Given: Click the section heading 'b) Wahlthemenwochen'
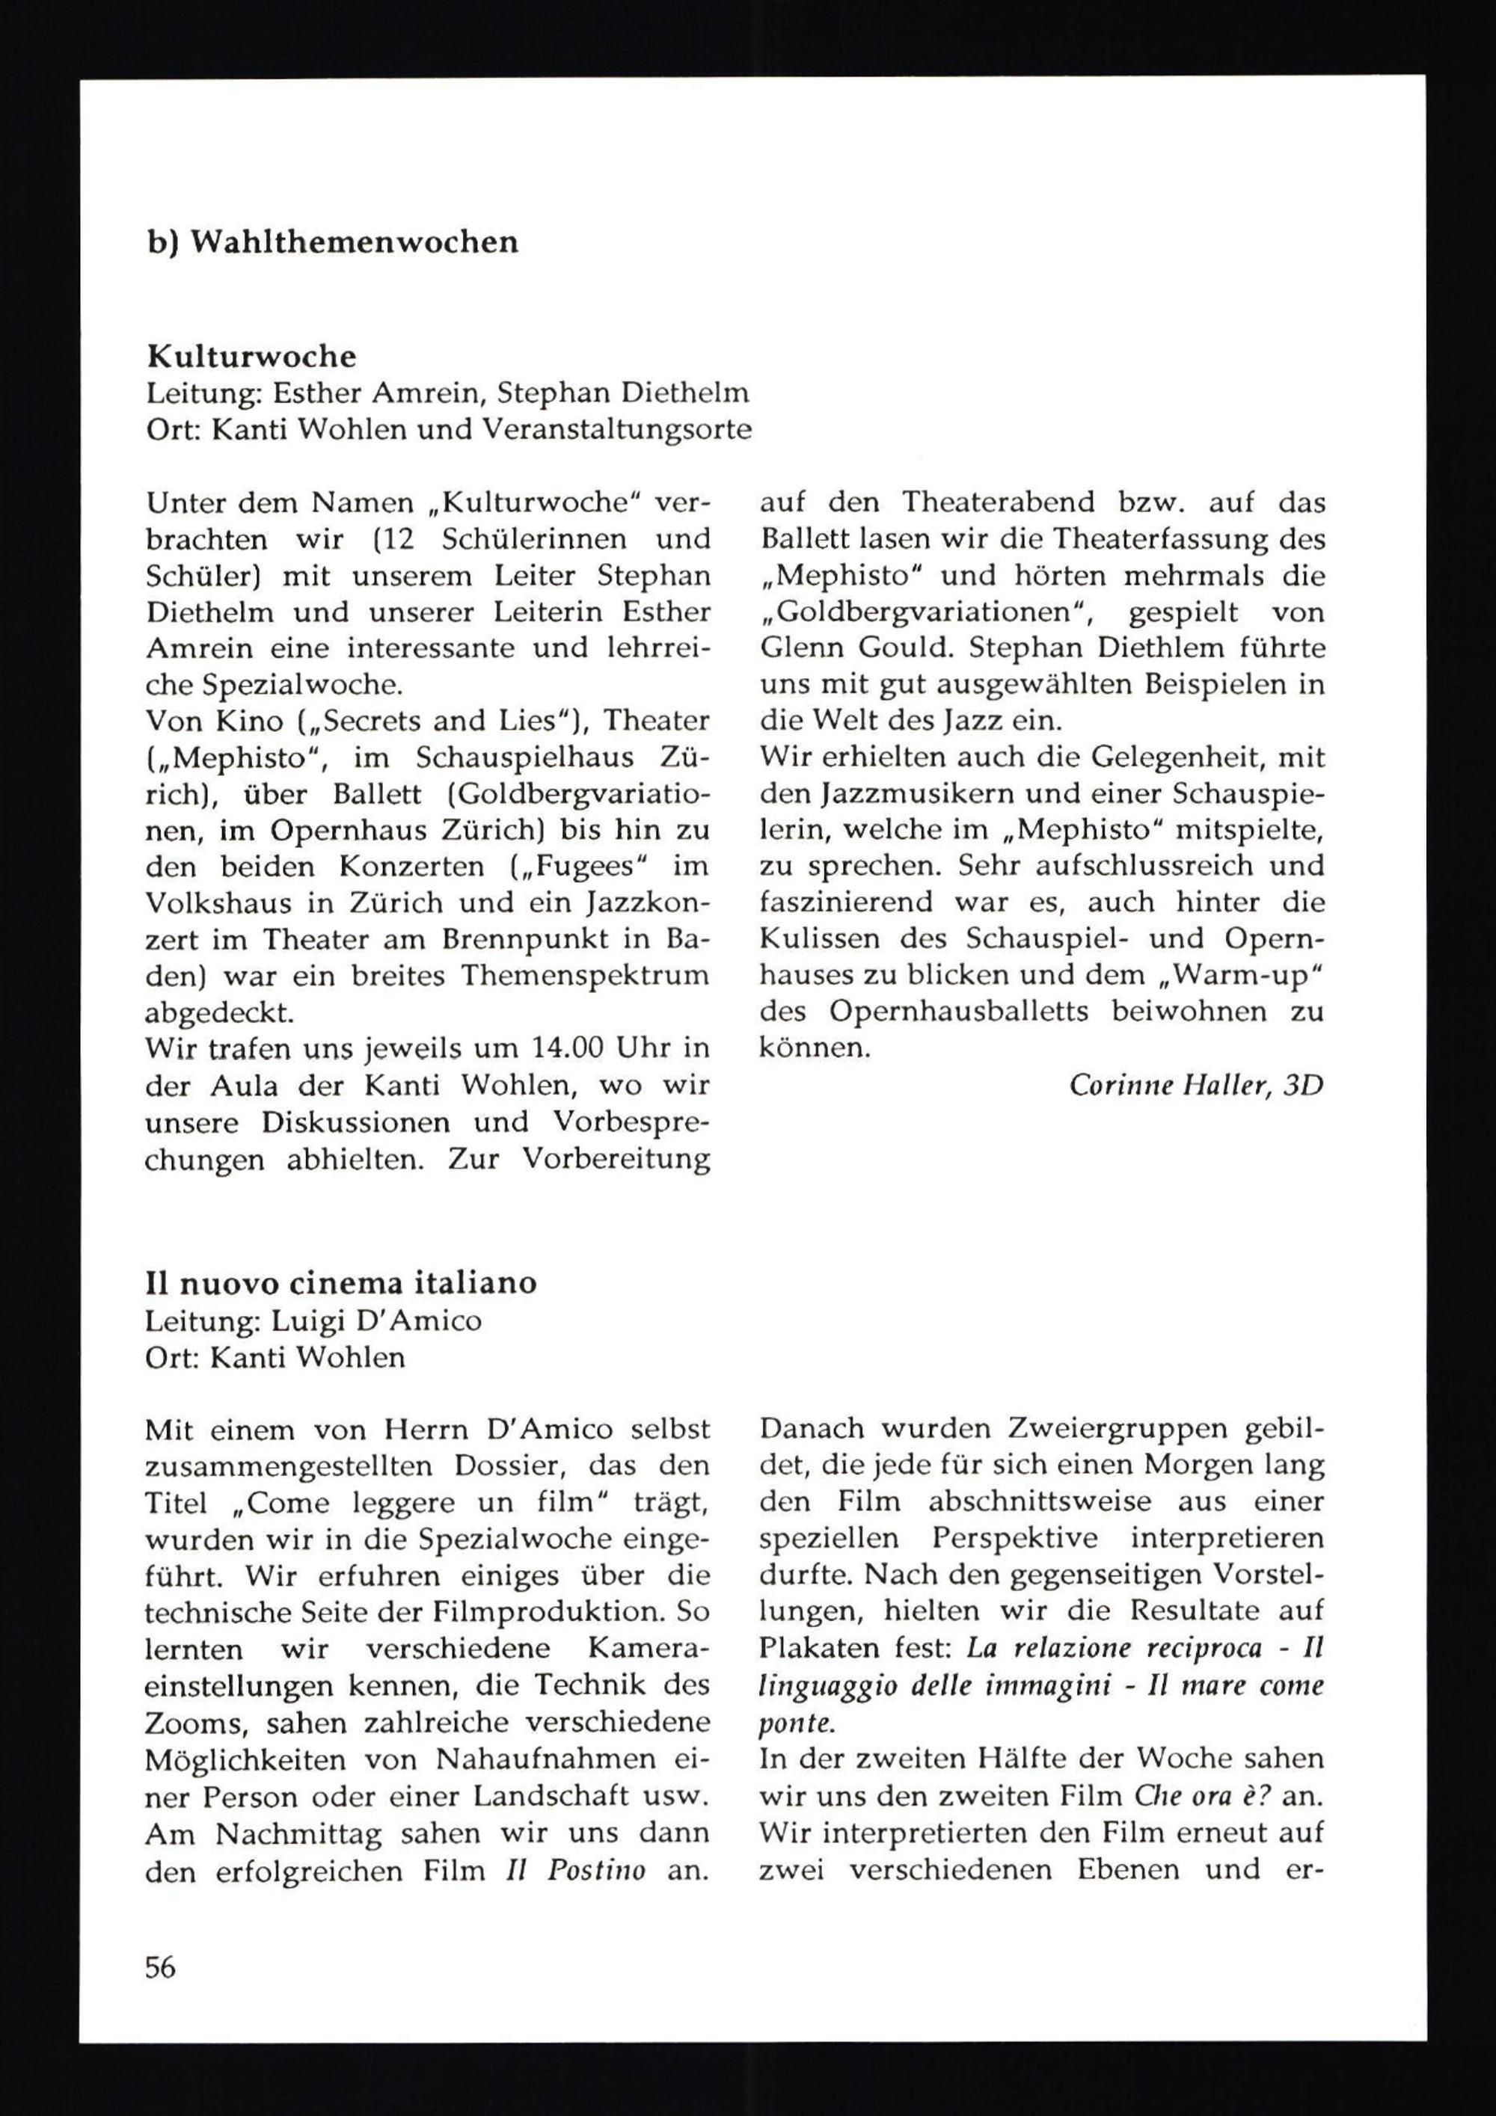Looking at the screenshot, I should [x=332, y=242].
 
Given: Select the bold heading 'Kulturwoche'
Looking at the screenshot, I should [x=251, y=357].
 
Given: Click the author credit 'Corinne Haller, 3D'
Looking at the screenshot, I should [x=1195, y=1086].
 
